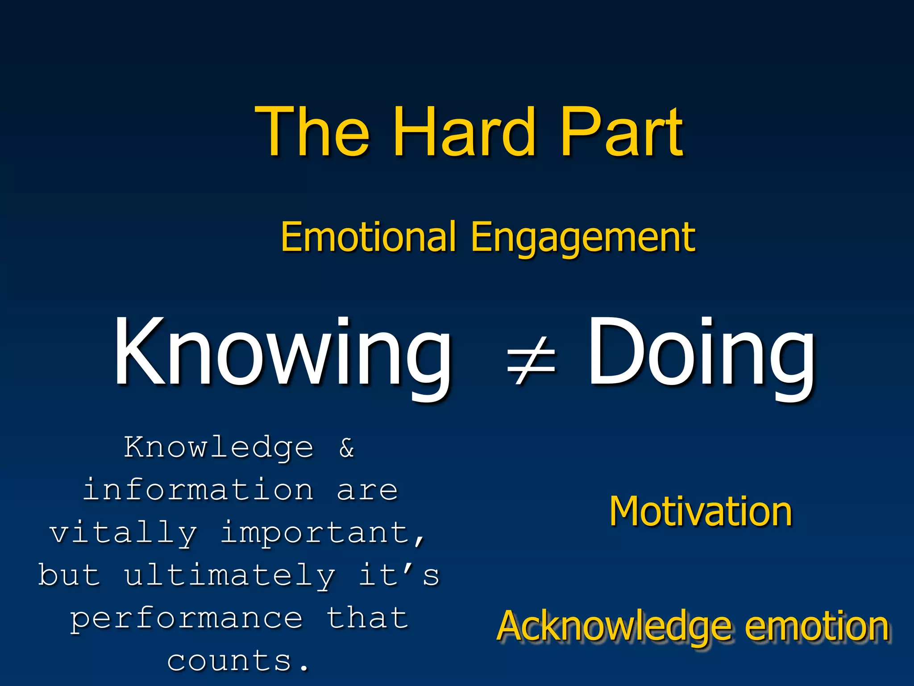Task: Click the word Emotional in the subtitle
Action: [369, 237]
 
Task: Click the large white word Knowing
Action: [283, 353]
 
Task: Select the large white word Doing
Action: [701, 353]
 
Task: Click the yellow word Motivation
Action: [701, 511]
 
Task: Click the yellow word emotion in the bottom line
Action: [817, 627]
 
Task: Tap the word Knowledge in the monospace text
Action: [219, 448]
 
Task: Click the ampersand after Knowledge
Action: [347, 448]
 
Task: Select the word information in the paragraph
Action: [198, 490]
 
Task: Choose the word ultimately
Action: [229, 575]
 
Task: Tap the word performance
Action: [187, 619]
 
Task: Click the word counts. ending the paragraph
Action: [238, 661]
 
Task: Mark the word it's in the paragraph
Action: [399, 575]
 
